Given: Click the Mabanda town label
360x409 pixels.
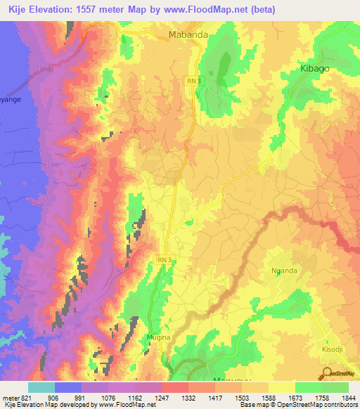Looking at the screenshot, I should [186, 33].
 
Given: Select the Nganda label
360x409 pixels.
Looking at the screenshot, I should [284, 271].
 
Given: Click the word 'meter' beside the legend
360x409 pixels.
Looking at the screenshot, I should [8, 398].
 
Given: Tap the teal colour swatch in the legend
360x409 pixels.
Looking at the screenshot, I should [41, 387].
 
